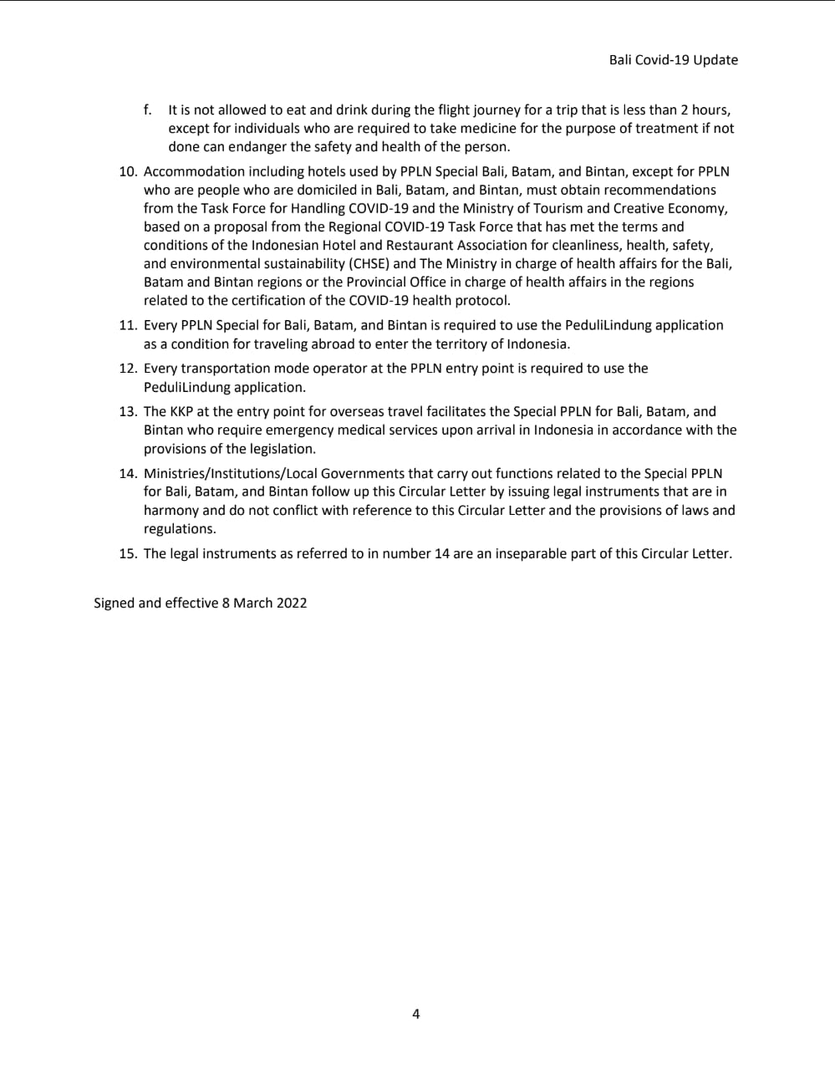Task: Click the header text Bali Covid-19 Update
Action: (x=673, y=60)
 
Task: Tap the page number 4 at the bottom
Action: (x=416, y=1014)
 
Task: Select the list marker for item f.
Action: (x=147, y=109)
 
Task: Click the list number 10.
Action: (x=127, y=171)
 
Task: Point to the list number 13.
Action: (x=127, y=411)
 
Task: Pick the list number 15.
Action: (x=127, y=553)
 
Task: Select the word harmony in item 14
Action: (x=171, y=510)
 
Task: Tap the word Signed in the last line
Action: (x=115, y=603)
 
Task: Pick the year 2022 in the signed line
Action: (x=292, y=603)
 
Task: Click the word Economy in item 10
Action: (x=700, y=208)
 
